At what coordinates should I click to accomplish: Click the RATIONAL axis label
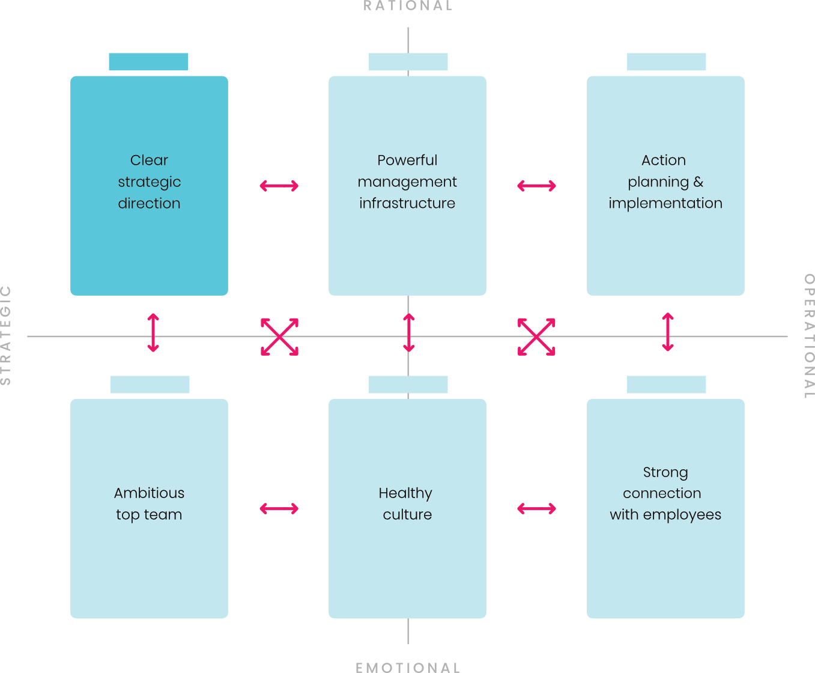click(x=408, y=5)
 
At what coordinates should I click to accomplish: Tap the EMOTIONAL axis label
click(x=408, y=667)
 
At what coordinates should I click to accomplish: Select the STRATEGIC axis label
click(x=6, y=335)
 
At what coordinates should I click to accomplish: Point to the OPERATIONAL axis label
click(x=809, y=336)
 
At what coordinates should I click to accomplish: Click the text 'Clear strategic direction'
click(x=149, y=181)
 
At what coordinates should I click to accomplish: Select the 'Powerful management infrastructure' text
click(x=407, y=181)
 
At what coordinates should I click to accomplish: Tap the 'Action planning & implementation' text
click(x=665, y=181)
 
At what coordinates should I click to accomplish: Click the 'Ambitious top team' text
click(x=149, y=504)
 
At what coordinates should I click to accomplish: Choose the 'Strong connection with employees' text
click(x=665, y=493)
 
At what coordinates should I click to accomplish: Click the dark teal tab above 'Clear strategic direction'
click(x=148, y=62)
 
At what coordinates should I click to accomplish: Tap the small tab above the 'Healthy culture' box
click(x=408, y=385)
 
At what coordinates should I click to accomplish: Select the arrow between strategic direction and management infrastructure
click(x=279, y=186)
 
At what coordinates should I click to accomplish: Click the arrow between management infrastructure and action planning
click(x=536, y=186)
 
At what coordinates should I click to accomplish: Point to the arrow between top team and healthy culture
click(x=279, y=508)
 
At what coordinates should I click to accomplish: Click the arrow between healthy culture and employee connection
click(x=536, y=508)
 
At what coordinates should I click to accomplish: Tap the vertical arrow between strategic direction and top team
click(x=153, y=332)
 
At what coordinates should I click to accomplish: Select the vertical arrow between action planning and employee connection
click(x=668, y=332)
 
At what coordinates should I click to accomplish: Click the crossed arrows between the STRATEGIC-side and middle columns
click(x=279, y=336)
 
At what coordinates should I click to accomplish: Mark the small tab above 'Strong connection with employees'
click(x=666, y=385)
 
